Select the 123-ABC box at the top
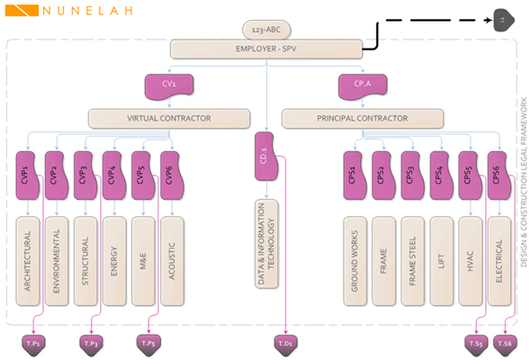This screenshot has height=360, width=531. click(265, 31)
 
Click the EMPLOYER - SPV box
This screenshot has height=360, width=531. click(265, 49)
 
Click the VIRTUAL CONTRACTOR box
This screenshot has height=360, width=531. click(168, 117)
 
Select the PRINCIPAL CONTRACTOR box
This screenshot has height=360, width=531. click(363, 117)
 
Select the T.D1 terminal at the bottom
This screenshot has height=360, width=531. click(284, 343)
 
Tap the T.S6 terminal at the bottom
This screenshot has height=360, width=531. click(506, 343)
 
